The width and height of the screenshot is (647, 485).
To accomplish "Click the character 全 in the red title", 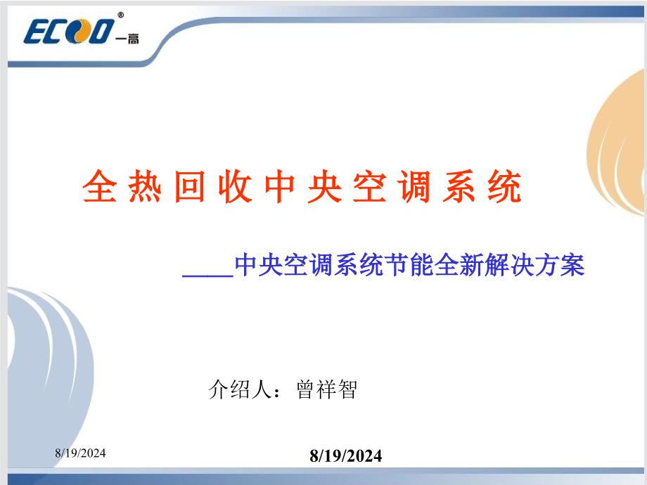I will pyautogui.click(x=99, y=188).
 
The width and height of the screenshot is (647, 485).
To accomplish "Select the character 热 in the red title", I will pyautogui.click(x=145, y=188).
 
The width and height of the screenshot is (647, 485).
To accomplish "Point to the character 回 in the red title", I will pyautogui.click(x=190, y=188).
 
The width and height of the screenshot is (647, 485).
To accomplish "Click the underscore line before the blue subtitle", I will pyautogui.click(x=207, y=275).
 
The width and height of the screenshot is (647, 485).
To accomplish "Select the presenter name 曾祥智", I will pyautogui.click(x=327, y=389).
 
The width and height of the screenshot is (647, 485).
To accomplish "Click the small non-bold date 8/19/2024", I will pyautogui.click(x=81, y=454).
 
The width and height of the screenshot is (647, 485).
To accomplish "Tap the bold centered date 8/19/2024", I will pyautogui.click(x=346, y=456).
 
